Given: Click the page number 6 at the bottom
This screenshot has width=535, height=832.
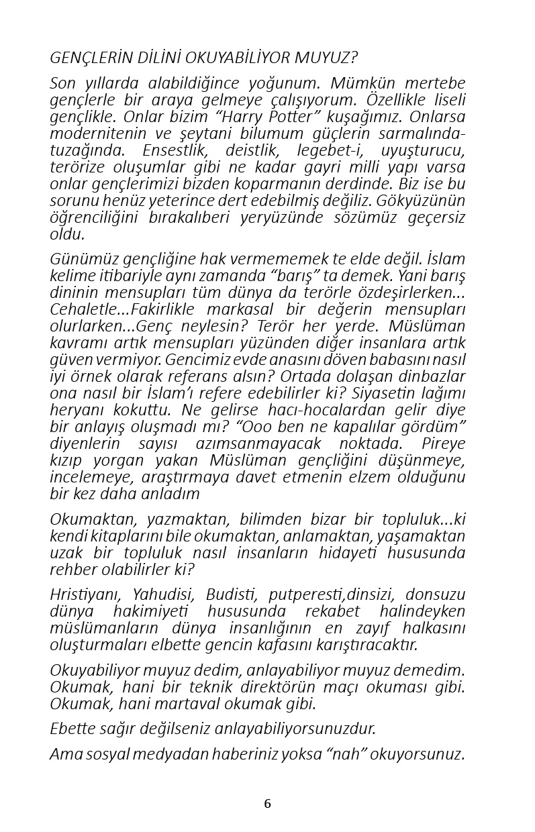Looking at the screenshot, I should tap(267, 804).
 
